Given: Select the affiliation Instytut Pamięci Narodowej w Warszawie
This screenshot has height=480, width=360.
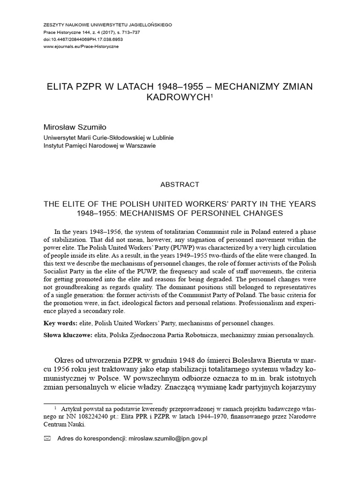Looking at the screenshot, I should (99, 146).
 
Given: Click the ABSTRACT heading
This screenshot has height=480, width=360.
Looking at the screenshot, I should (180, 184).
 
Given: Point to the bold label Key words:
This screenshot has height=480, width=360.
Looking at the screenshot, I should (60, 323).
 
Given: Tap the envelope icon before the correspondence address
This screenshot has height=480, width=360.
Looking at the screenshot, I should (47, 439).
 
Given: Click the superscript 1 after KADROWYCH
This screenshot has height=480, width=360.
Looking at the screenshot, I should (211, 95).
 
